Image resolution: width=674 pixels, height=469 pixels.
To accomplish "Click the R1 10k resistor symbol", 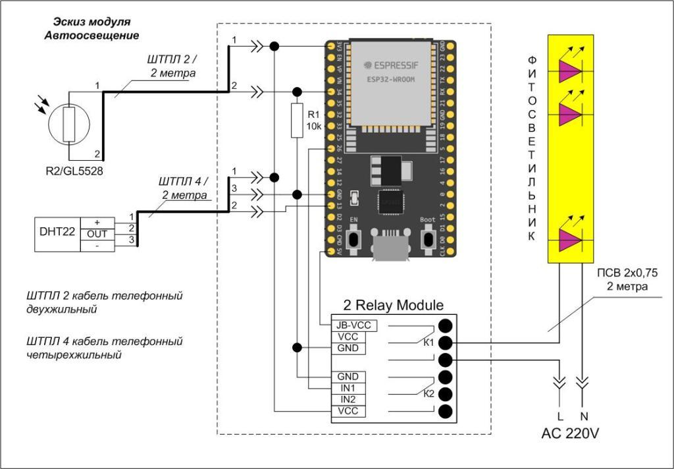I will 297,121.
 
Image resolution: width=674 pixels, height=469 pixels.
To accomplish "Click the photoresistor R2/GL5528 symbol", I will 68,123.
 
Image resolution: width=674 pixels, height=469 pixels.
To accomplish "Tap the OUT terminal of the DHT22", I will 97,234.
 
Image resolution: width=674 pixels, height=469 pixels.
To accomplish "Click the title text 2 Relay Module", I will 393,306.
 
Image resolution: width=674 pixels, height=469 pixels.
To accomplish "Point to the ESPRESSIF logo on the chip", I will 388,66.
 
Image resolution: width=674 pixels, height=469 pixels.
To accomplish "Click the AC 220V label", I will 571,433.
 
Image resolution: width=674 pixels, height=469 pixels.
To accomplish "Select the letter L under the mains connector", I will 561,416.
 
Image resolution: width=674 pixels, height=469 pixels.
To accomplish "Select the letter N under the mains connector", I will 583,416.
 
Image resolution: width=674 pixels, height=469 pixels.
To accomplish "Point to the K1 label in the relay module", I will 428,342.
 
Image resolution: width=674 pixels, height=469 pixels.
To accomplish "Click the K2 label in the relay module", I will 428,394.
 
